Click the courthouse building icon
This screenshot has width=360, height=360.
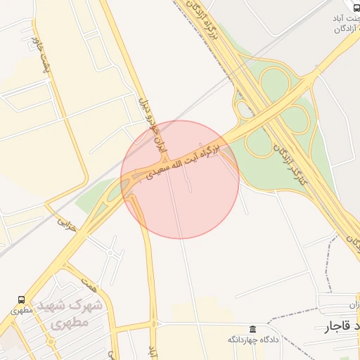[x=252, y=329]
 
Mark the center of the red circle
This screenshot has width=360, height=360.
[x=180, y=179]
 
